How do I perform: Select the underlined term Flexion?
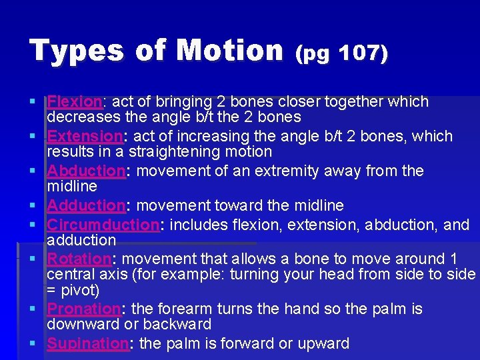point(74,102)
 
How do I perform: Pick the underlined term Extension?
point(85,137)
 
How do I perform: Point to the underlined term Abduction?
point(86,171)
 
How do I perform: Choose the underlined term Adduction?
point(86,205)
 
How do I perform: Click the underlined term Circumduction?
point(103,225)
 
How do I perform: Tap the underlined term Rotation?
point(79,259)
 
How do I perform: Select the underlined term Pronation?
point(83,309)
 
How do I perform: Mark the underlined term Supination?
point(87,344)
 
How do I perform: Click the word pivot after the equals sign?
point(80,291)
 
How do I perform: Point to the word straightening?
point(175,152)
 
